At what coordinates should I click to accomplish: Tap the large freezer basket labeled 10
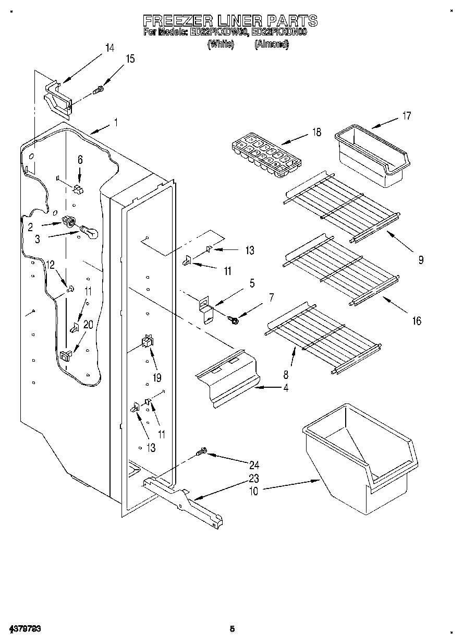(x=361, y=457)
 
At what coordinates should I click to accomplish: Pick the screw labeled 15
(x=98, y=91)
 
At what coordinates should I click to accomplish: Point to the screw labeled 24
(x=201, y=452)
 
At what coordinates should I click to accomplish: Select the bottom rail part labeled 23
(x=182, y=500)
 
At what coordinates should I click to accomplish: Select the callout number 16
(x=416, y=321)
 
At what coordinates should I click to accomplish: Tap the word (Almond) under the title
(x=271, y=45)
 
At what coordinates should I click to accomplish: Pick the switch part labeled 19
(x=146, y=342)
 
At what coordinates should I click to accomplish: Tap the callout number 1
(x=116, y=124)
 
